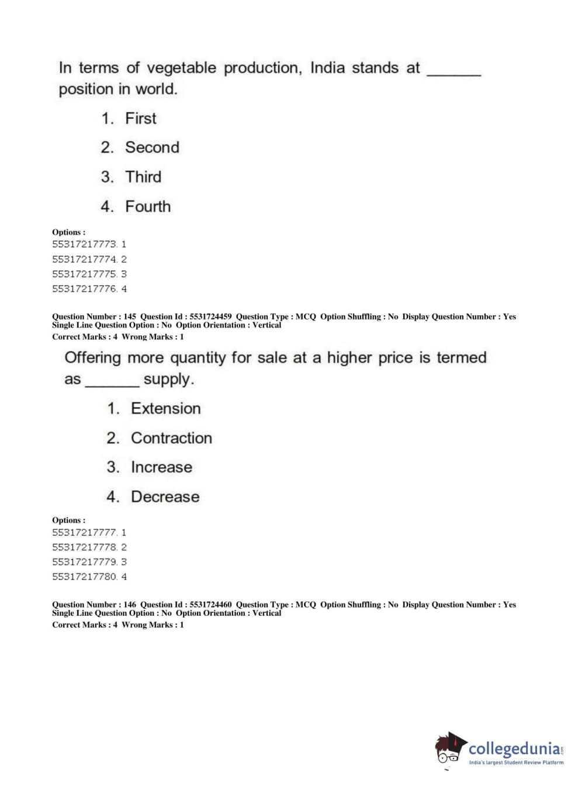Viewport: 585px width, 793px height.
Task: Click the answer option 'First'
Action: pyautogui.click(x=140, y=118)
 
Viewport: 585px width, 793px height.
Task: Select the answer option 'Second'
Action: pyautogui.click(x=152, y=147)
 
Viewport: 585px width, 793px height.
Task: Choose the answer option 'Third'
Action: pyautogui.click(x=143, y=177)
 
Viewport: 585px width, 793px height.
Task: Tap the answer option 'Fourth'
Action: pyautogui.click(x=148, y=206)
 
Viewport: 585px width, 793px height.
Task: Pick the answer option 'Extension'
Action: pyautogui.click(x=165, y=408)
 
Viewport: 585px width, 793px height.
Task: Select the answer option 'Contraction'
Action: pyautogui.click(x=171, y=438)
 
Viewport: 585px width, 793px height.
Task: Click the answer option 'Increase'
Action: pyautogui.click(x=161, y=467)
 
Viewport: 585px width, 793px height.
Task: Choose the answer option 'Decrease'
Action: pyautogui.click(x=165, y=497)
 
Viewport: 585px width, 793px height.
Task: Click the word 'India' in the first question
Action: pyautogui.click(x=327, y=68)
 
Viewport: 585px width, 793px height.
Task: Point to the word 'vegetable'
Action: pyautogui.click(x=181, y=68)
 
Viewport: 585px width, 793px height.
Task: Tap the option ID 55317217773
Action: pyautogui.click(x=84, y=244)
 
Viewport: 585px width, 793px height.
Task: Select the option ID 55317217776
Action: pyautogui.click(x=84, y=289)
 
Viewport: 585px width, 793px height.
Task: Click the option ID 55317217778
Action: pyautogui.click(x=84, y=547)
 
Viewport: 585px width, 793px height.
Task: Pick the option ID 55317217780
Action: pyautogui.click(x=84, y=577)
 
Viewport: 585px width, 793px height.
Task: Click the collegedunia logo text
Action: pyautogui.click(x=514, y=749)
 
